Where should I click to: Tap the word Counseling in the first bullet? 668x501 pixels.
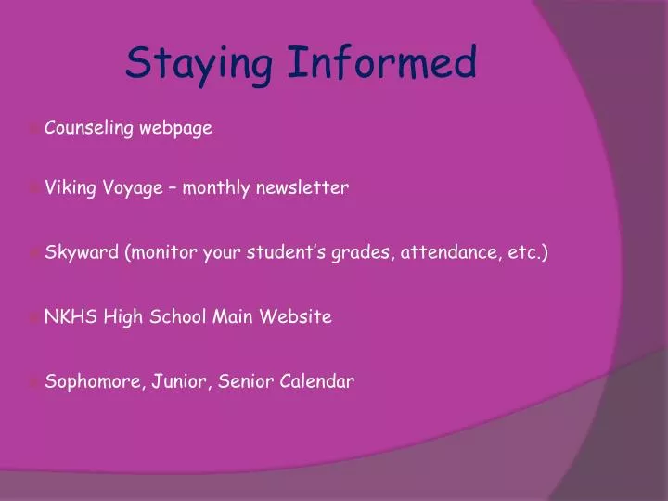point(89,129)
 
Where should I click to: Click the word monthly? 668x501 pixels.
point(216,188)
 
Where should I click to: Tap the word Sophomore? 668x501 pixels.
point(91,380)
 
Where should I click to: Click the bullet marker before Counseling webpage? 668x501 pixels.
point(34,130)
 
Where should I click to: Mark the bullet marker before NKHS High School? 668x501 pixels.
point(34,317)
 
